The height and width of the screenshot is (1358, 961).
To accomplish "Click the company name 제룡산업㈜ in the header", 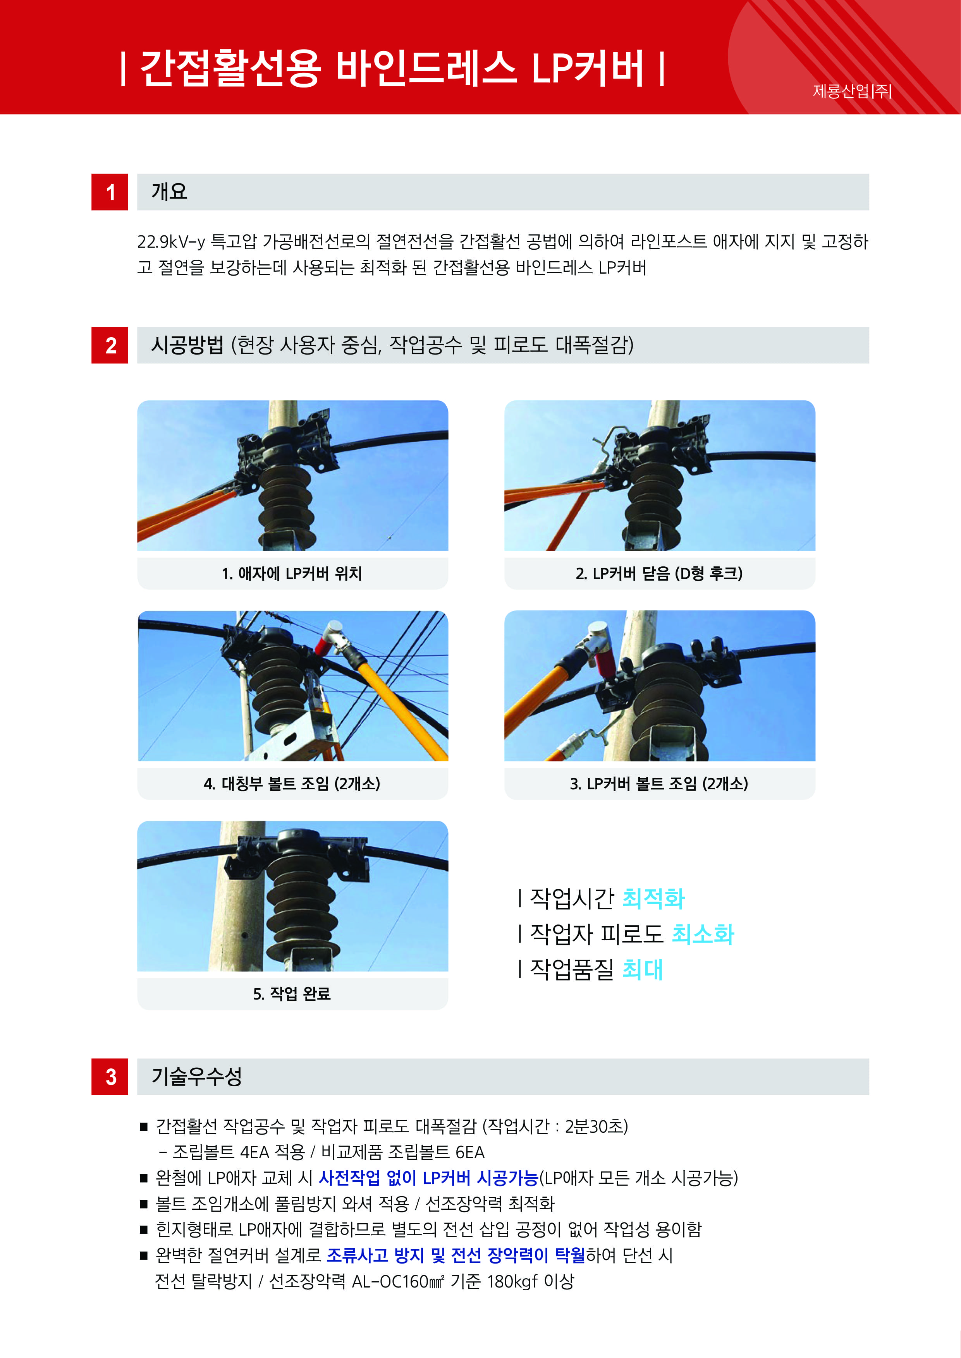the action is tap(852, 91).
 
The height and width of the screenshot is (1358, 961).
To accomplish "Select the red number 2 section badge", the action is tap(110, 345).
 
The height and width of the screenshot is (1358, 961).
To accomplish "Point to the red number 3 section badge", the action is tap(110, 1077).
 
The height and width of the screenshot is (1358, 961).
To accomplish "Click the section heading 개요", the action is tap(169, 191).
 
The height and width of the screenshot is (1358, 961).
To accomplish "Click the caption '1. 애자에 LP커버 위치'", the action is tap(292, 573).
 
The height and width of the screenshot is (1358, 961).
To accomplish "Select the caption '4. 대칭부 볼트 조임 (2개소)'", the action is tap(292, 784).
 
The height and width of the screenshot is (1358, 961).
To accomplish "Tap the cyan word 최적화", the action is tap(653, 898).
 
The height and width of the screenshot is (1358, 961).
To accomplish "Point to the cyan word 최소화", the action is tap(703, 934).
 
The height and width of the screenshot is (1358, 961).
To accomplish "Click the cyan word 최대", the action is tap(643, 969).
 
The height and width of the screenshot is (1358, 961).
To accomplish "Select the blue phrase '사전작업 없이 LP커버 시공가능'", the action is tap(428, 1178).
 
